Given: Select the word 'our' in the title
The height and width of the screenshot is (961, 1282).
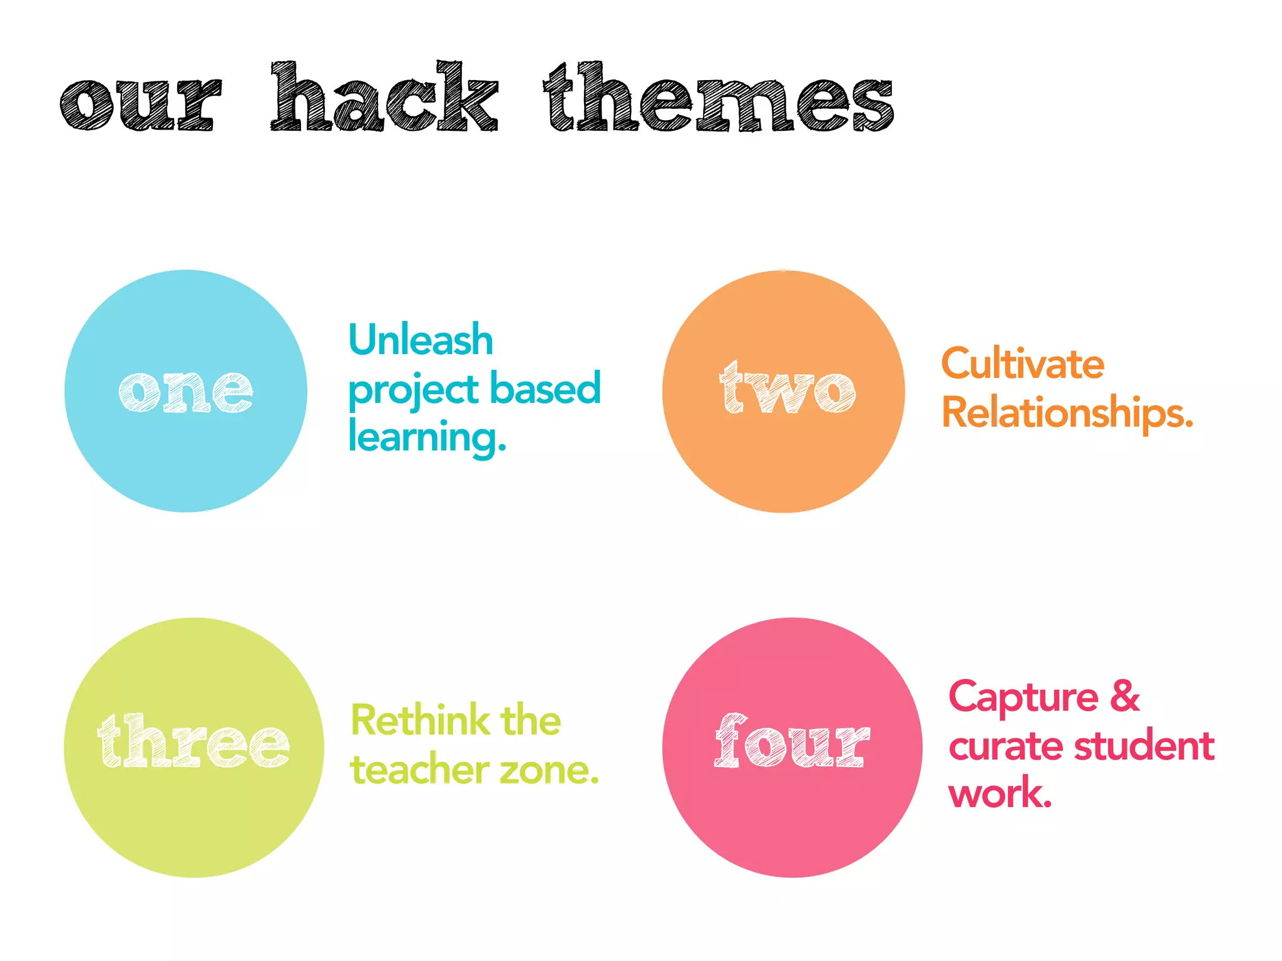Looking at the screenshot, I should pos(141,104).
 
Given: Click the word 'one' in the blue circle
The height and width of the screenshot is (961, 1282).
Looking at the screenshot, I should pos(186,391).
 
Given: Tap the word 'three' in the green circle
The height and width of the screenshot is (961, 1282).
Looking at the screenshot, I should pos(193,742).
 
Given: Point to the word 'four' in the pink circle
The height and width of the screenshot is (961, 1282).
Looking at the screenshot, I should pos(792,742).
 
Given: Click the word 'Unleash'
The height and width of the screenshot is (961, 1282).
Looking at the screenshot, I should pos(421,340).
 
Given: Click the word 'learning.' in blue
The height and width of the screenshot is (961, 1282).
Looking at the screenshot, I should pos(427,437).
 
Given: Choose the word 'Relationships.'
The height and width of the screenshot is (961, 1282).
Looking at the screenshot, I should pos(1067,413).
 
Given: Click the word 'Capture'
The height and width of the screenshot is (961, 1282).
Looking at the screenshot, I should pos(1023,697).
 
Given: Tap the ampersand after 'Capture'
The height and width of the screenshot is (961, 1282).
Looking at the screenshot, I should pos(1125,696).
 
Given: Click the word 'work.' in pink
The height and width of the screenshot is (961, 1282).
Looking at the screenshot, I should pos(1000,793).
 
